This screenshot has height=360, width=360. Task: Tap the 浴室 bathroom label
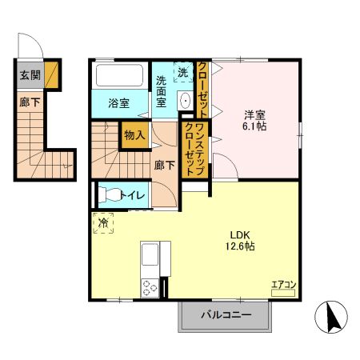pos(118,102)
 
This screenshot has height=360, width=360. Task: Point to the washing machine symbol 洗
pos(183,71)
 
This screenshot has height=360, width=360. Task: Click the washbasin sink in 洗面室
pos(185,101)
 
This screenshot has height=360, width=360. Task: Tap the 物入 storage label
pos(134,135)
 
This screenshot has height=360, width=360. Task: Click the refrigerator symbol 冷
pos(102,223)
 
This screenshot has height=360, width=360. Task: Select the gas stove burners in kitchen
pos(150,286)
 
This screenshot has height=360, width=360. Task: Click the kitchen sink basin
pos(150,258)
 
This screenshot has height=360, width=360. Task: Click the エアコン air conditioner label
pos(282,283)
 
